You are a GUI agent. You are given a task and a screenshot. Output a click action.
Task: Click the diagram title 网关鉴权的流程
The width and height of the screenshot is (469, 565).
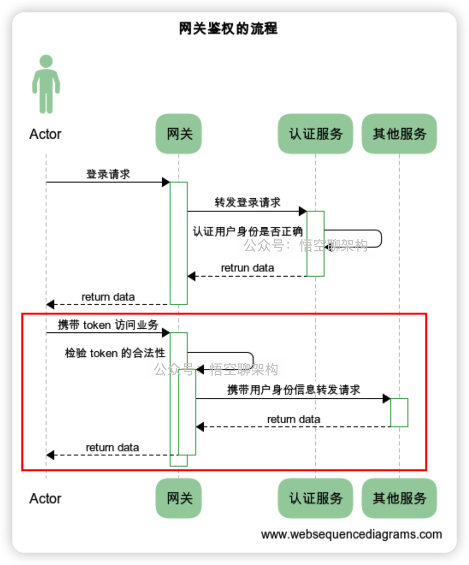point(228,29)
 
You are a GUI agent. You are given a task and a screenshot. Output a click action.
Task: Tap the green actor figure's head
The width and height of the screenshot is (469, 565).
point(46,61)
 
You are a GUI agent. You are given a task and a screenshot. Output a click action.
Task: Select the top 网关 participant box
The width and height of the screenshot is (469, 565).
point(179,134)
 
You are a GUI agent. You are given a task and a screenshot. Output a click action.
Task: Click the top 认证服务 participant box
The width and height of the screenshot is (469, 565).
point(316,134)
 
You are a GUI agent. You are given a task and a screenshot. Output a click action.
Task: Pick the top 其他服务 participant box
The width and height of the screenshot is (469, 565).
point(399,134)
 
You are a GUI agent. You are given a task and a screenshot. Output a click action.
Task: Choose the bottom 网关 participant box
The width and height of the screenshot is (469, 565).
point(179,498)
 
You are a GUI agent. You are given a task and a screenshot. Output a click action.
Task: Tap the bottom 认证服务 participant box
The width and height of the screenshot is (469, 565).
point(316,498)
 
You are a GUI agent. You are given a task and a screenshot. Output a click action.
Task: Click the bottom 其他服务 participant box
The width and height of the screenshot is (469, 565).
point(399,498)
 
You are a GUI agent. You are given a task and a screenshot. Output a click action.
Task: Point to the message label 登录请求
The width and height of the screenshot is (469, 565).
point(108,174)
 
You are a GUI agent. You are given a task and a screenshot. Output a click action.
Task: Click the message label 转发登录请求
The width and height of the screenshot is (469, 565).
point(248,202)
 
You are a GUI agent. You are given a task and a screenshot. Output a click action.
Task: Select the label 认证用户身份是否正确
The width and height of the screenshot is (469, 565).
point(248,231)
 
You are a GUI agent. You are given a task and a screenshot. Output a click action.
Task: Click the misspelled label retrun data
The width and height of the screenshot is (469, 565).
point(248,268)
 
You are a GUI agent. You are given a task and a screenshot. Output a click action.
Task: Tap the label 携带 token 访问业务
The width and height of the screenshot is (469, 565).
point(108,325)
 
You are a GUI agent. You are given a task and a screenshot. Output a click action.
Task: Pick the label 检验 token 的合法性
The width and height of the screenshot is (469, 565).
point(115,353)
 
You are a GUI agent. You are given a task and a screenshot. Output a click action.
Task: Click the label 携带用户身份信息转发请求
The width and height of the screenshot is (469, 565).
point(294,390)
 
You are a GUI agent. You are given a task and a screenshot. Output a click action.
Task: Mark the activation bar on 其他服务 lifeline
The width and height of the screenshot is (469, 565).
point(399,413)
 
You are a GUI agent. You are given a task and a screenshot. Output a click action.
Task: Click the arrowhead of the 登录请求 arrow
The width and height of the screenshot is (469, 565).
point(165,182)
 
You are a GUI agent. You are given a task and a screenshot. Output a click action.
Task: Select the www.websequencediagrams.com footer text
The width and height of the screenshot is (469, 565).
point(351,534)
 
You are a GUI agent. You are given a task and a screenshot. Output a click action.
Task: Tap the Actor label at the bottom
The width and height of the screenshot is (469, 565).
point(46,499)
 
